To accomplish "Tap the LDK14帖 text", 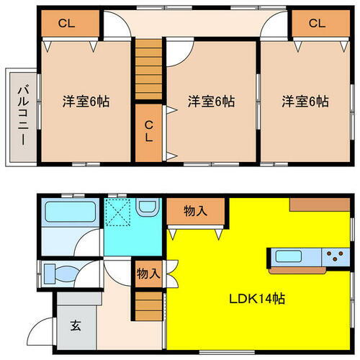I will click(x=256, y=298).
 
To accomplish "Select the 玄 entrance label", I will click(x=75, y=325).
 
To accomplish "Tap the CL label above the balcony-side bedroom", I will click(x=66, y=23).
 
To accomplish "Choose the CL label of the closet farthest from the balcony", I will click(x=317, y=23).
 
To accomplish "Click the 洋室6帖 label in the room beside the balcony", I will click(x=85, y=101).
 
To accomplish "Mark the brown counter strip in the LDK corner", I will click(x=320, y=204).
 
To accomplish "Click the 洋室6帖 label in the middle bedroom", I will click(x=212, y=101).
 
